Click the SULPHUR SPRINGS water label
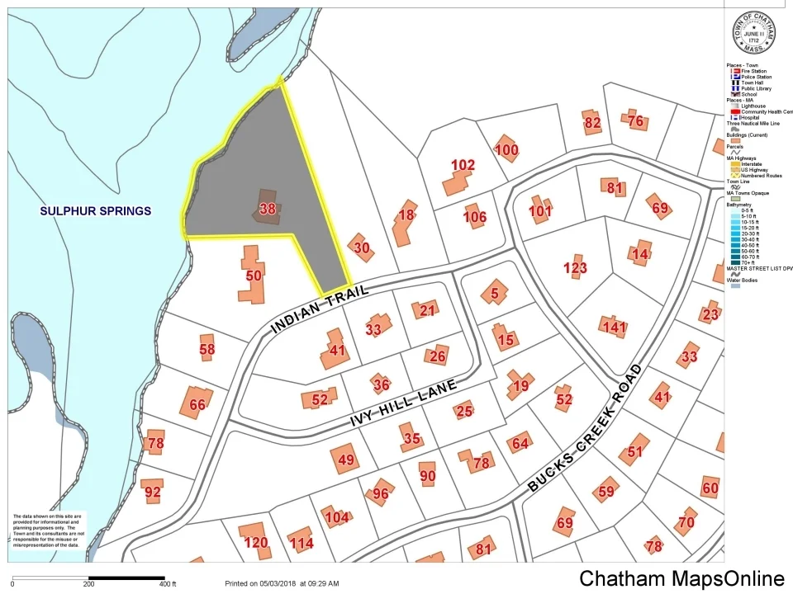[x=96, y=211]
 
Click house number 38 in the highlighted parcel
[x=267, y=210]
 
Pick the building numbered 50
[x=254, y=275]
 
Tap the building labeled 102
[x=463, y=165]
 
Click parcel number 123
[x=575, y=268]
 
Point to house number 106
[x=475, y=217]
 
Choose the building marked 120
[x=256, y=542]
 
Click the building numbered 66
[x=197, y=404]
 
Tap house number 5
[x=495, y=291]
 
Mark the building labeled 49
[x=346, y=460]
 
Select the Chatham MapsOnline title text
[x=681, y=578]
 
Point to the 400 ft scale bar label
[x=168, y=584]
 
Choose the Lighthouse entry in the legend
[x=753, y=106]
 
